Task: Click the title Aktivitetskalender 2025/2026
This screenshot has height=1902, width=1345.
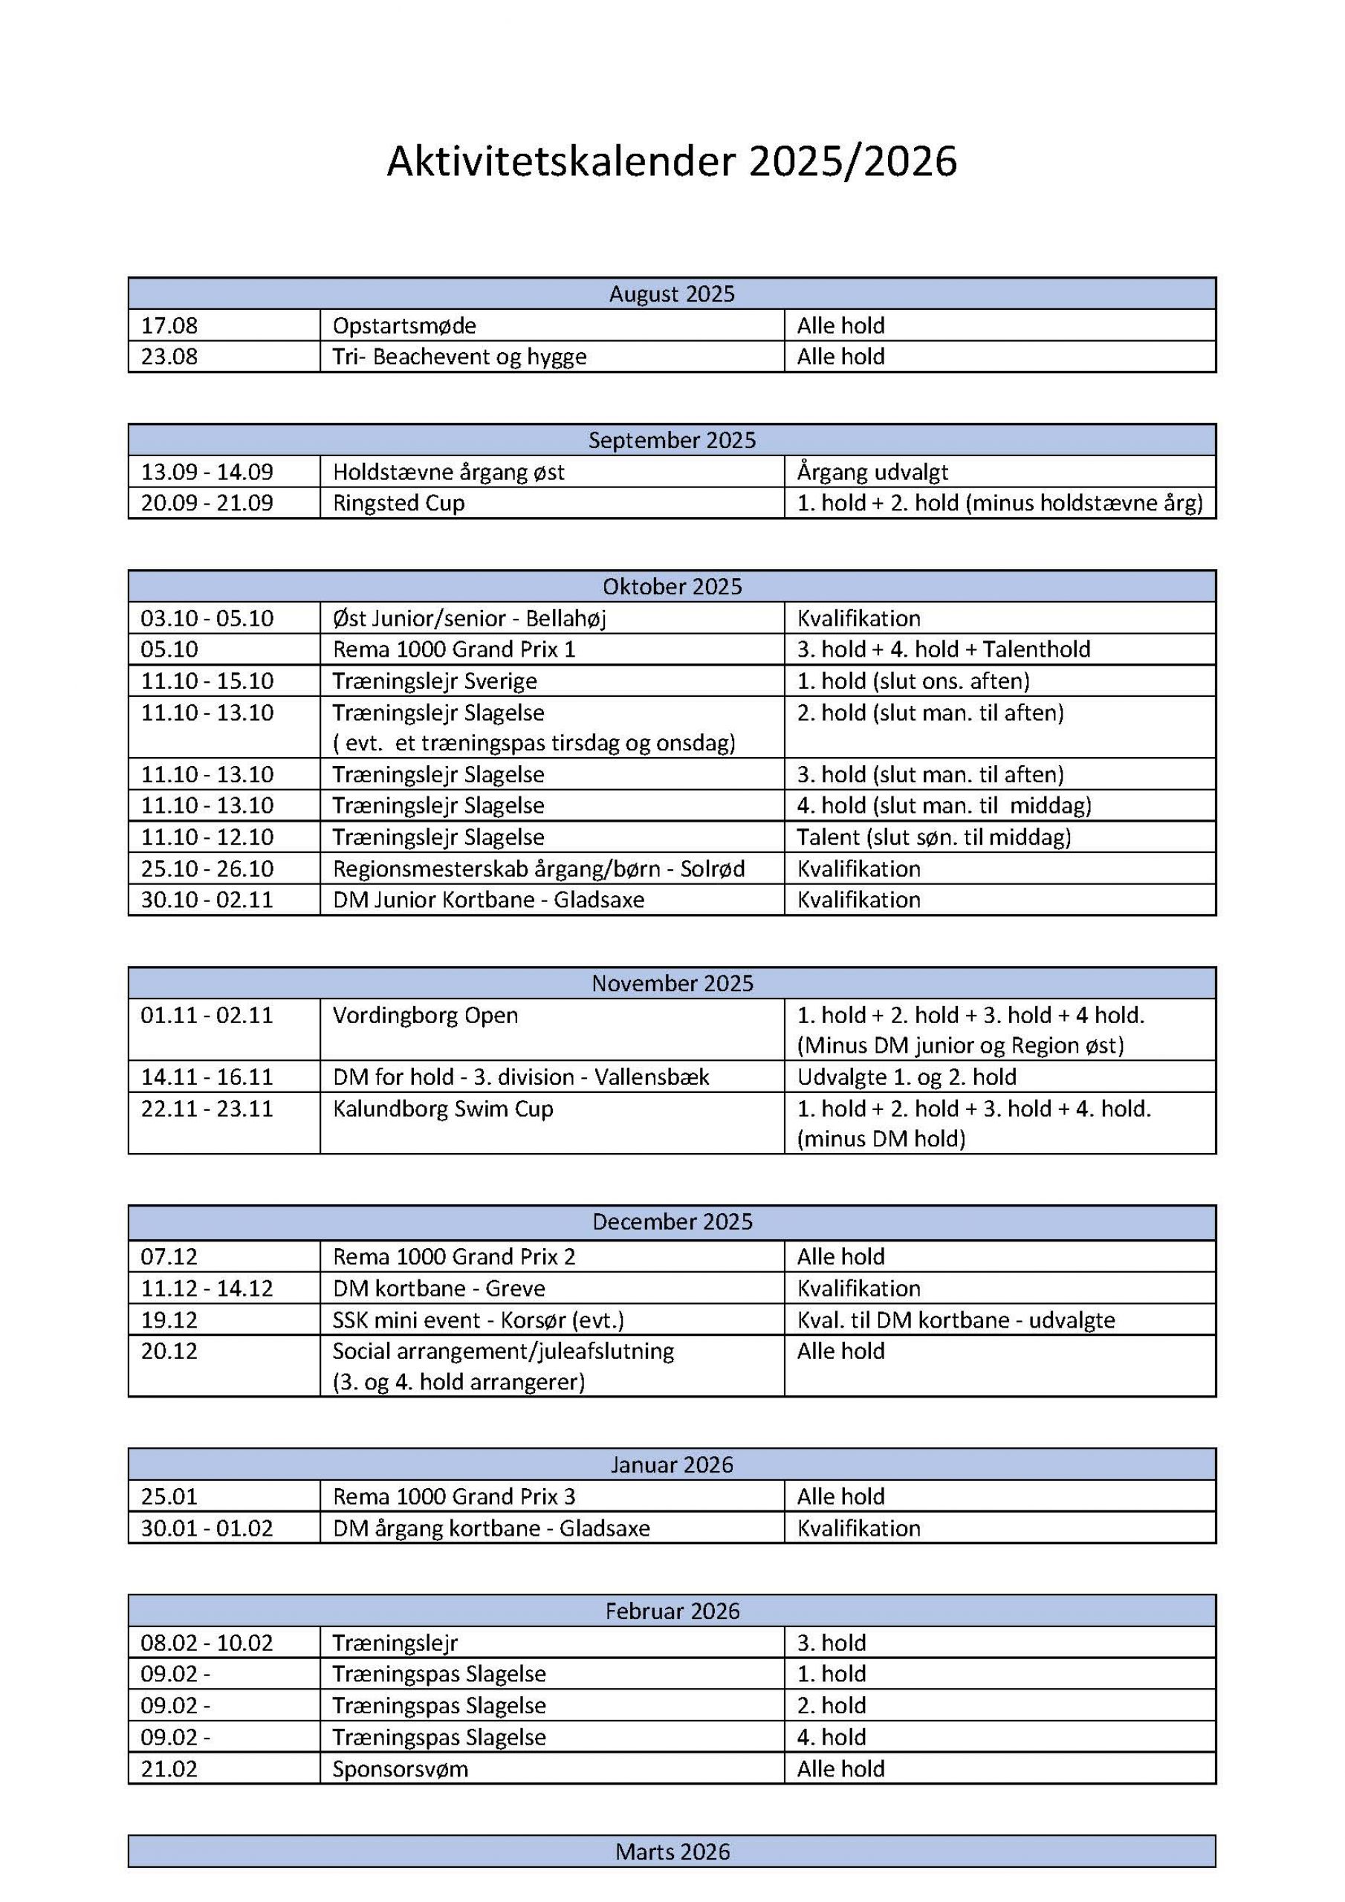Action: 671,161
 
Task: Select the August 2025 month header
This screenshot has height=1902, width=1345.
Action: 671,294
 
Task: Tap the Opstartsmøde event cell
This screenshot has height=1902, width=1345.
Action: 404,325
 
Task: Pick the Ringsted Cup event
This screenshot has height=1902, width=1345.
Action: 398,503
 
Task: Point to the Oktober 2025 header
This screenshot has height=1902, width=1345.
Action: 671,586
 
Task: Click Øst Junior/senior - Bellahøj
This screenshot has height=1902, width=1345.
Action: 469,618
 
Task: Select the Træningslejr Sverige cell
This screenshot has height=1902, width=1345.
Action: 434,681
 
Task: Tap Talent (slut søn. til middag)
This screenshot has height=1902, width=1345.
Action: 934,837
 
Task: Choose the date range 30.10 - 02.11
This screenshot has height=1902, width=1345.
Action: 207,900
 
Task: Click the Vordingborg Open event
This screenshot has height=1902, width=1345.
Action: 425,1015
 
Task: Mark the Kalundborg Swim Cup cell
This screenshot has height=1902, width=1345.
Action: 443,1109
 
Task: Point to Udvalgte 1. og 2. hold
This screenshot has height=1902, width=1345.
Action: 907,1077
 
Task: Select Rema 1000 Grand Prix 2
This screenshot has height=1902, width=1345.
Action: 453,1256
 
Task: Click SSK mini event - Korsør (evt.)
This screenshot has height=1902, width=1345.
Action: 478,1320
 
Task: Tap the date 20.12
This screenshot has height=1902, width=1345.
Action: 169,1351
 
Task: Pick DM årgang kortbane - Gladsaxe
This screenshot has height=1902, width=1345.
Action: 491,1528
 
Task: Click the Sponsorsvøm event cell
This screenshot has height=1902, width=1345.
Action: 401,1768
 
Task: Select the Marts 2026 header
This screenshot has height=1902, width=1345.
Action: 671,1851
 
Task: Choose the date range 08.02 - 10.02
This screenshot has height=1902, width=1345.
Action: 207,1643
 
